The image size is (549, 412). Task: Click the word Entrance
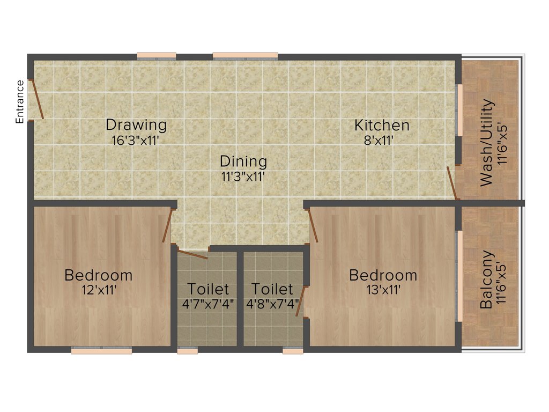[x=20, y=102]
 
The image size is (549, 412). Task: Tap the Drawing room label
[x=136, y=125]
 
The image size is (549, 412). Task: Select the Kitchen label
[x=382, y=125]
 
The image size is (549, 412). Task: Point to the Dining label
[x=243, y=161]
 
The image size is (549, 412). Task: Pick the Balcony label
[x=486, y=279]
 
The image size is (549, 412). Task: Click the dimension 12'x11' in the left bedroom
[x=98, y=290]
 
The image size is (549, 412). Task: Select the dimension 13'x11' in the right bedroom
[x=383, y=290]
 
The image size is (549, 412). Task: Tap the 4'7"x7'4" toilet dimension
[x=209, y=304]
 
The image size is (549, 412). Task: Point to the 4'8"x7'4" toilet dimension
[x=272, y=304]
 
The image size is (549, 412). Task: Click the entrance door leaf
[x=36, y=99]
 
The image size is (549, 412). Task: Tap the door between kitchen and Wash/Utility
[x=452, y=183]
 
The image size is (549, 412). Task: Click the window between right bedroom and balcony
[x=459, y=276]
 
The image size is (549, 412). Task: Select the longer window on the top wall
[x=245, y=55]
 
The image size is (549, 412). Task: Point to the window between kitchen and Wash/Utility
[x=459, y=111]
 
